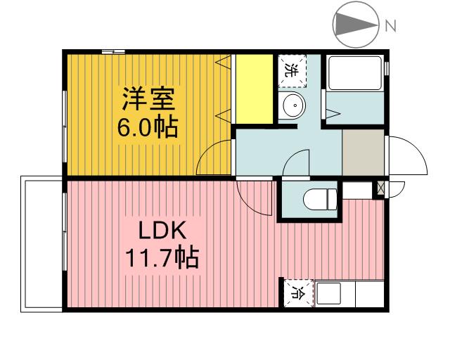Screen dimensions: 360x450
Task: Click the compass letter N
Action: click(391, 26)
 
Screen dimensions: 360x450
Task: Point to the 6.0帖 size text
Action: click(146, 128)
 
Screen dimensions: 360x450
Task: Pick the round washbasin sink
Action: click(292, 106)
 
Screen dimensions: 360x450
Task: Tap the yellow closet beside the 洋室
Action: click(253, 89)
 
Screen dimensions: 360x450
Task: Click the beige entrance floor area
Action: click(363, 152)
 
